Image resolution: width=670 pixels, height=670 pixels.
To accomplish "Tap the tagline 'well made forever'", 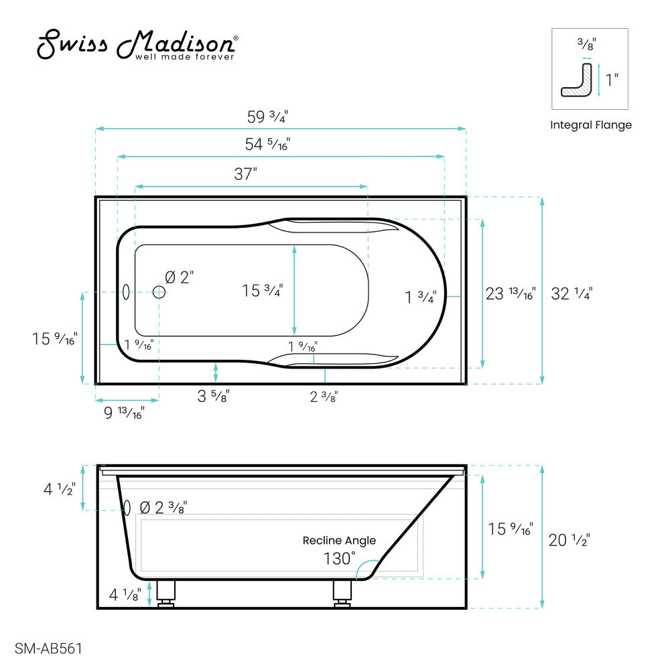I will tap(185, 58).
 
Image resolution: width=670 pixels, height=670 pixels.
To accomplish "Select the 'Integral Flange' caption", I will tap(590, 125).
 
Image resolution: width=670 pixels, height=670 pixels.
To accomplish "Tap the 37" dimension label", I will tap(246, 174).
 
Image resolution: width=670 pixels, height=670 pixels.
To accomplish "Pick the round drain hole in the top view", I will tap(159, 291).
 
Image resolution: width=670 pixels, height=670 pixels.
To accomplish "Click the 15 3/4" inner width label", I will tap(263, 291).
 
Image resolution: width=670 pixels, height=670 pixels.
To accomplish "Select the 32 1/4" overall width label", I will tap(572, 293).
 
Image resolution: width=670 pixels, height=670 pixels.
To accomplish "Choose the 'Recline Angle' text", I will tap(339, 541).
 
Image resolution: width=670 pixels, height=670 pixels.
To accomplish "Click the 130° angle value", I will tap(339, 558).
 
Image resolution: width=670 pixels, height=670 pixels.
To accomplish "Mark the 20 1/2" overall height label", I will tap(569, 540).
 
